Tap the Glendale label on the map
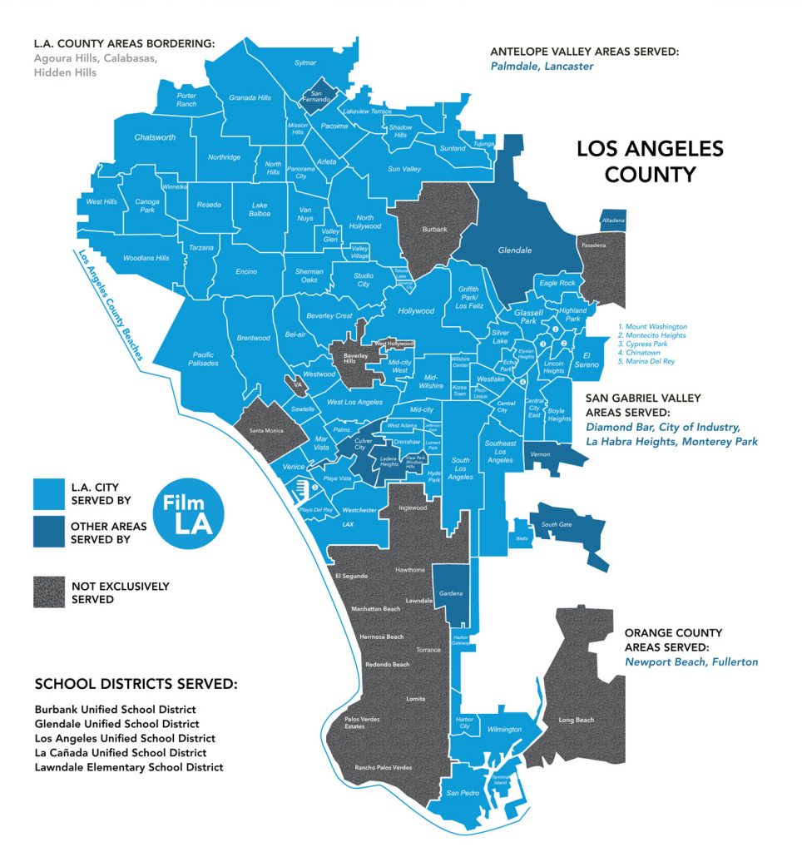tap(515, 250)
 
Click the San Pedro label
tap(463, 793)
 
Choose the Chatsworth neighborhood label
tap(155, 137)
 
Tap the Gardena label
tap(450, 593)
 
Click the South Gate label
tap(556, 525)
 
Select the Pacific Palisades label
tap(204, 359)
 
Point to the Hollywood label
tap(416, 311)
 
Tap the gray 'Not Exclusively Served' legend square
tap(49, 592)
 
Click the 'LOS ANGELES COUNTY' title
tap(650, 161)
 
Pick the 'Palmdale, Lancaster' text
tap(542, 67)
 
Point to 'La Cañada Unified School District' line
tap(121, 753)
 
